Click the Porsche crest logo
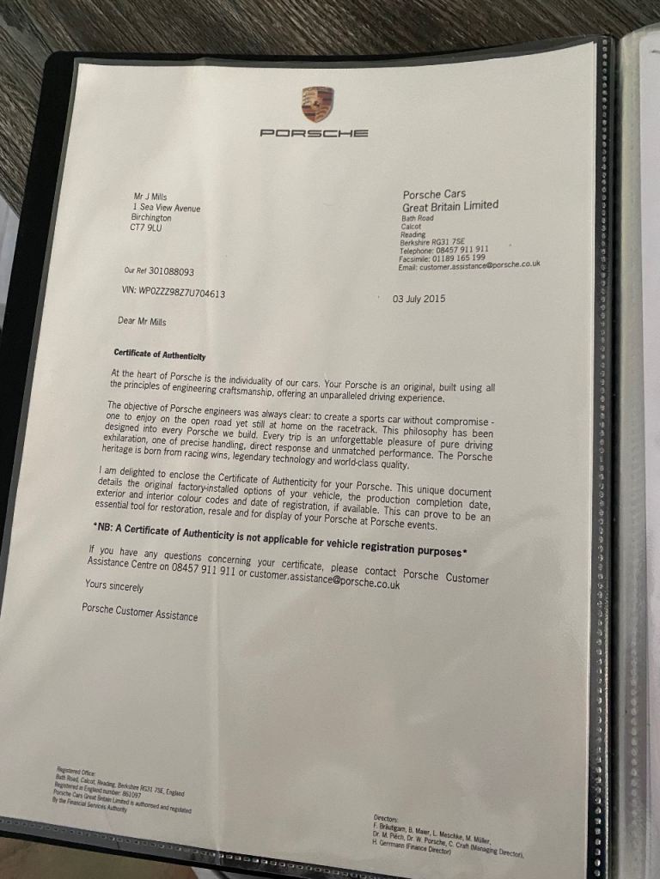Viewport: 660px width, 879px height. (315, 103)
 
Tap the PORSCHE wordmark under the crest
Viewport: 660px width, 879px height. (315, 133)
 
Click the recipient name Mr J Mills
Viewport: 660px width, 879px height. (150, 197)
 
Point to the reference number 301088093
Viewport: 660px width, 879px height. (171, 271)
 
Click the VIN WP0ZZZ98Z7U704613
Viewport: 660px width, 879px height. (174, 292)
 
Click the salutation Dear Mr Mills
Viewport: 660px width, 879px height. (142, 321)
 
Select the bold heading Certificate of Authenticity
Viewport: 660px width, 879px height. (160, 353)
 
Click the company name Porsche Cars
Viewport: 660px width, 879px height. (434, 195)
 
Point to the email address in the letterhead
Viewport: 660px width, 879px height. (469, 266)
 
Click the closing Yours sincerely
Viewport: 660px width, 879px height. (114, 586)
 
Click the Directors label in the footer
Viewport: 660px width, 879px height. (386, 818)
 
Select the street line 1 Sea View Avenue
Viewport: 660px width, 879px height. (167, 208)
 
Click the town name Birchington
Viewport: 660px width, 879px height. (151, 218)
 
